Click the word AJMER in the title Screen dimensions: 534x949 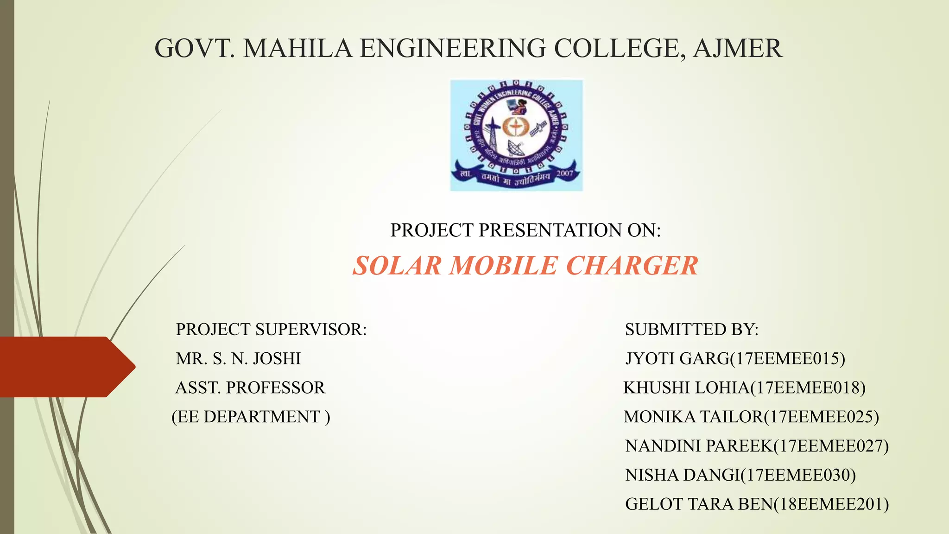[x=737, y=48]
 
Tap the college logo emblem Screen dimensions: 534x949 [x=516, y=135]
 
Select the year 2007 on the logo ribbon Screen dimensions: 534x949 [x=565, y=173]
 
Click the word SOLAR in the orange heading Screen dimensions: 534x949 [x=397, y=266]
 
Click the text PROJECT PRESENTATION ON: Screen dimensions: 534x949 [x=525, y=230]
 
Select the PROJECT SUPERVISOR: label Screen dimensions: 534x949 [x=271, y=330]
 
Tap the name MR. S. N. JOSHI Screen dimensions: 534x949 [x=238, y=359]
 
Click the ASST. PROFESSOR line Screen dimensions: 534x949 [x=250, y=388]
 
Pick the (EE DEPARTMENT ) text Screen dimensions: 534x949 [x=251, y=417]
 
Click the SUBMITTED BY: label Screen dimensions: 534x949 [x=691, y=330]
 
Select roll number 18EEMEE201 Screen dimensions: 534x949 [x=831, y=504]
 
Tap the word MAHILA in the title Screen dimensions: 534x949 [x=297, y=48]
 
